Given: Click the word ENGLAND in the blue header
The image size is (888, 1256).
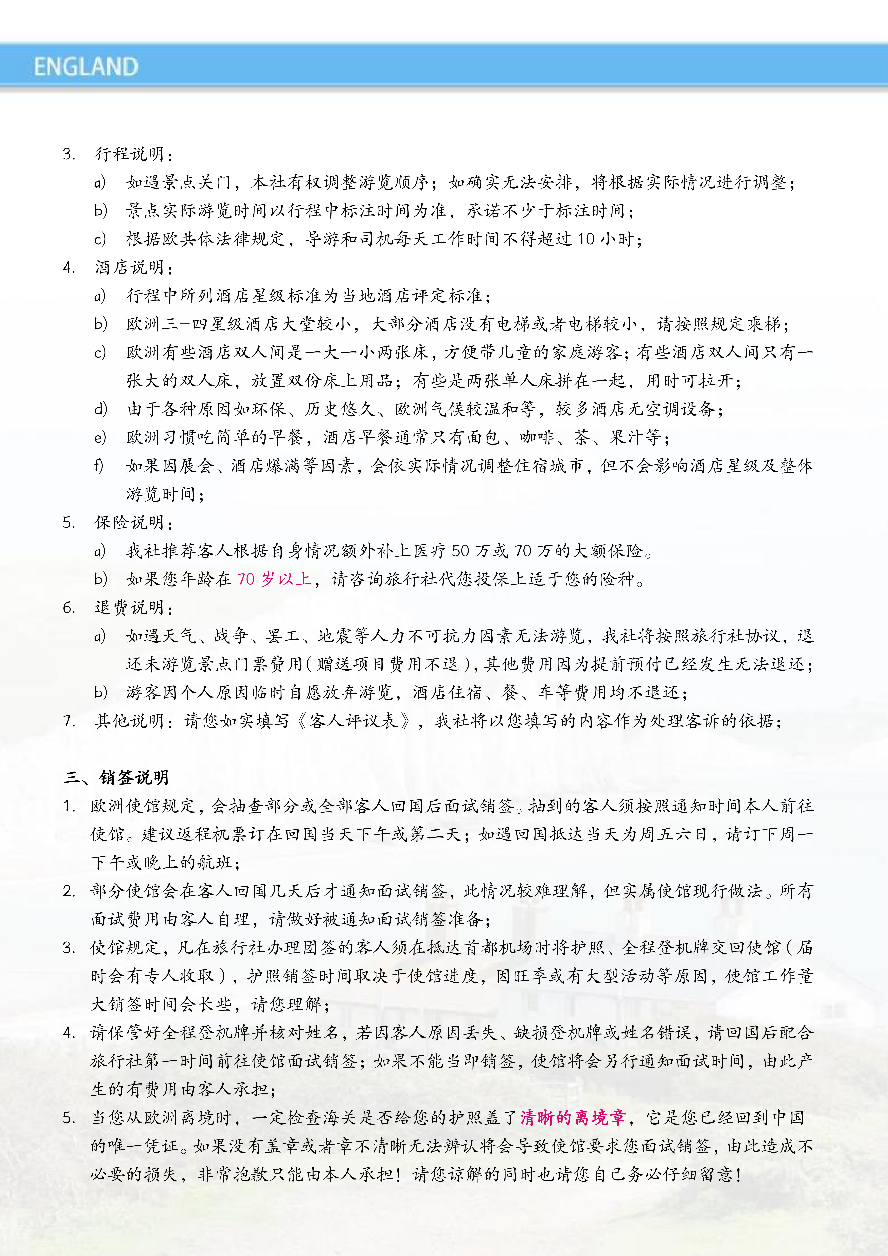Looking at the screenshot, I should click(86, 67).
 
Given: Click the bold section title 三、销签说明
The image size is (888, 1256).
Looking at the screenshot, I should click(116, 777).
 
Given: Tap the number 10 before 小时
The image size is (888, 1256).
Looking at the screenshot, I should click(586, 239).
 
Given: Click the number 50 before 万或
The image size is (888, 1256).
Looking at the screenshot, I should click(460, 551).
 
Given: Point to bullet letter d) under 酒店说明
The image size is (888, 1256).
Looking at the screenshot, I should click(100, 409).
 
